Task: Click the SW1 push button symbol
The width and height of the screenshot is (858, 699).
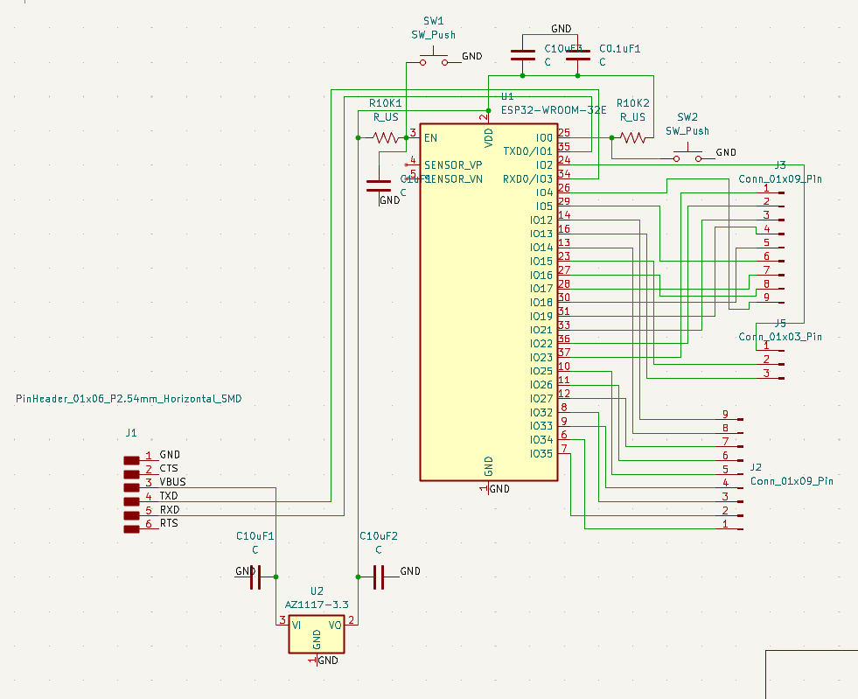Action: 433,60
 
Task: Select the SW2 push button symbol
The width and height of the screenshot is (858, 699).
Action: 688,157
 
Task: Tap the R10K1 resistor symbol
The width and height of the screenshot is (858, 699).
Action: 386,137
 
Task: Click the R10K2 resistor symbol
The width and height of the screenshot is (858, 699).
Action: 632,137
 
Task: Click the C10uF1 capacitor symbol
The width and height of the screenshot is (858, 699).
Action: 255,577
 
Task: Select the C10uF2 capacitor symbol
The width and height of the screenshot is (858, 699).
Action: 379,577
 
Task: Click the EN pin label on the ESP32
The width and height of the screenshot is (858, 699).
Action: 430,138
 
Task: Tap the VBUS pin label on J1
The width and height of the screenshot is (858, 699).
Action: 172,482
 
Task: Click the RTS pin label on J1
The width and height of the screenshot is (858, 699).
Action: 169,523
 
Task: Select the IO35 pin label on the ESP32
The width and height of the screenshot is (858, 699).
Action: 541,453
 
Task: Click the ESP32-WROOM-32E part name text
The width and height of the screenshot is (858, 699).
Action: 554,110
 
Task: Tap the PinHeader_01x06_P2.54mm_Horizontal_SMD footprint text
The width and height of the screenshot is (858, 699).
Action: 129,399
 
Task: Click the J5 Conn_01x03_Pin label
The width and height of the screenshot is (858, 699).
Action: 780,337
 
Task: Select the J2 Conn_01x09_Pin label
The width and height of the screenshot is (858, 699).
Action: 792,481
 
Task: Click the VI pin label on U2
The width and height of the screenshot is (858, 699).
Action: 297,625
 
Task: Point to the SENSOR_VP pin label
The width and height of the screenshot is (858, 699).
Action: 453,164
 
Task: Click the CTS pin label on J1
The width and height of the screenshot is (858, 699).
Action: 169,469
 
